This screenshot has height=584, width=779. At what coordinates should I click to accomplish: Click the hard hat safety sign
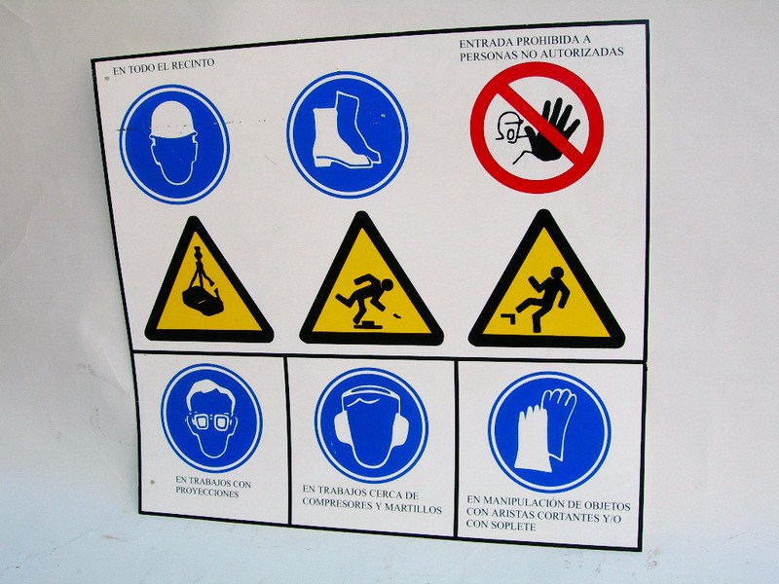(174, 144)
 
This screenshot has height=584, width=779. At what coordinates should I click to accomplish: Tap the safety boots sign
(348, 134)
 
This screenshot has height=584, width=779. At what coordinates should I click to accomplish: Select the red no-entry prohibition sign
(538, 128)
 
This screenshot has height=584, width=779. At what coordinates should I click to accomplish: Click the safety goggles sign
(211, 419)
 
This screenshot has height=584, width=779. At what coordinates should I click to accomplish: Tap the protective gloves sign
(549, 432)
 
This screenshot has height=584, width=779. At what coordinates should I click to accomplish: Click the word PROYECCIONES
(206, 493)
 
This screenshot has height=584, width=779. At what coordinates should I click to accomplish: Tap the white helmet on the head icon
(173, 120)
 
